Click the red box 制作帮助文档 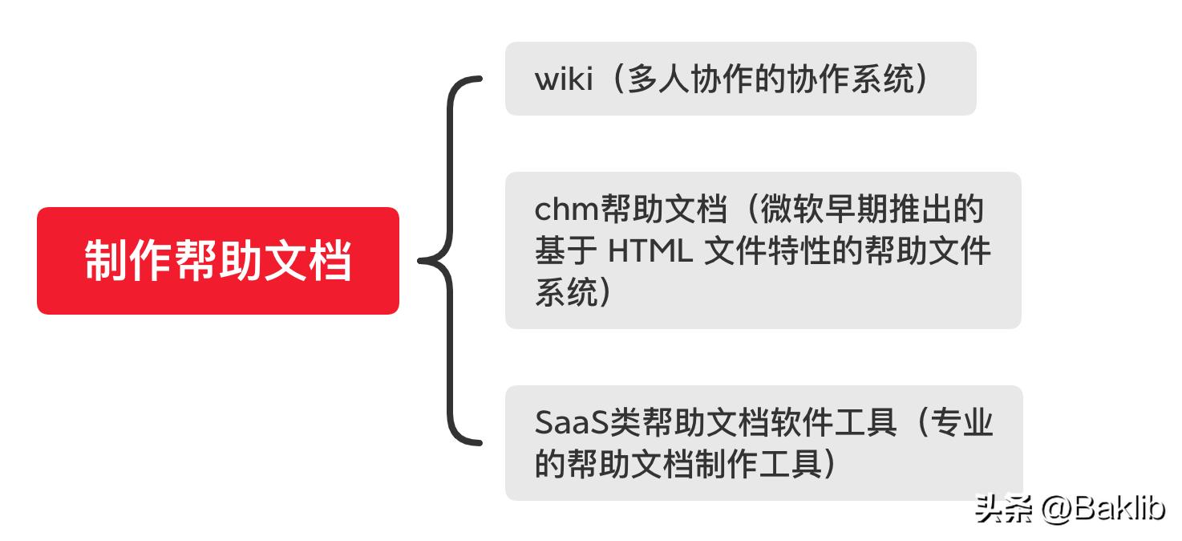tap(217, 261)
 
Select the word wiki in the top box tap(563, 79)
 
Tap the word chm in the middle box tap(567, 210)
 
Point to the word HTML tap(650, 251)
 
